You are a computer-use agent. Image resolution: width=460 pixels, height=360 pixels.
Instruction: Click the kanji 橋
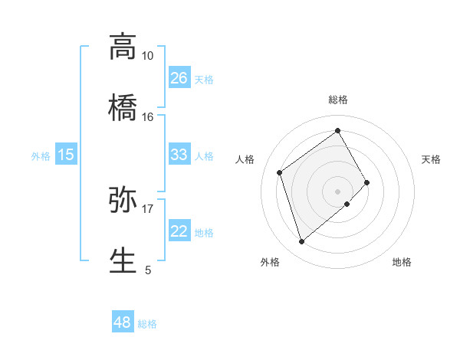[x=123, y=107]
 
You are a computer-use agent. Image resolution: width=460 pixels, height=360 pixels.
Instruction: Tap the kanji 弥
[x=123, y=199]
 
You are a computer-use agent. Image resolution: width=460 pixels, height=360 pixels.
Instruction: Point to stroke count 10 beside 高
[x=147, y=56]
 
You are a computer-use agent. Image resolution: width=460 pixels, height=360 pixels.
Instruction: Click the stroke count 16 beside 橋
[x=147, y=117]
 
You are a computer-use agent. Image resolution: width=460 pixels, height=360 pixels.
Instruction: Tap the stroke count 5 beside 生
[x=148, y=270]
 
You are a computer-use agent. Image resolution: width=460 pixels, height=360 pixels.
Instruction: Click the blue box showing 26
[x=179, y=78]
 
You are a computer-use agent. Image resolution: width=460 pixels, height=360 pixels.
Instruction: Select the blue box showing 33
[x=179, y=155]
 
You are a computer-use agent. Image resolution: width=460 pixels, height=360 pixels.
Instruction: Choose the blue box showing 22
[x=179, y=231]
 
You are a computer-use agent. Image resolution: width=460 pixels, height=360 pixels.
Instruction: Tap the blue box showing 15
[x=66, y=155]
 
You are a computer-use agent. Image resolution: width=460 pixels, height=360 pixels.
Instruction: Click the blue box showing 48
[x=123, y=322]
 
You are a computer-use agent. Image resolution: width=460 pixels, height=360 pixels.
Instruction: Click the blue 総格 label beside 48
[x=147, y=324]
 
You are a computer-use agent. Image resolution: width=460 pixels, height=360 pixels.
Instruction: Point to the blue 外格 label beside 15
[x=41, y=156]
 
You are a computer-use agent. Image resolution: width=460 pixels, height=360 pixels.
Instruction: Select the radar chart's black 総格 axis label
[x=338, y=100]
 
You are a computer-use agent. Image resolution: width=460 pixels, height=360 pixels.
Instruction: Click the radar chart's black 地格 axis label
[x=402, y=263]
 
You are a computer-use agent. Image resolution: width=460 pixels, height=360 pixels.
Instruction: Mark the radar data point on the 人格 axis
[x=280, y=172]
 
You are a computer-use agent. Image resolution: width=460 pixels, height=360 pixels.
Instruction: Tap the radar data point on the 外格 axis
[x=301, y=242]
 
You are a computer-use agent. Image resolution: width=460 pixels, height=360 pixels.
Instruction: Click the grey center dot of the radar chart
[x=338, y=191]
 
